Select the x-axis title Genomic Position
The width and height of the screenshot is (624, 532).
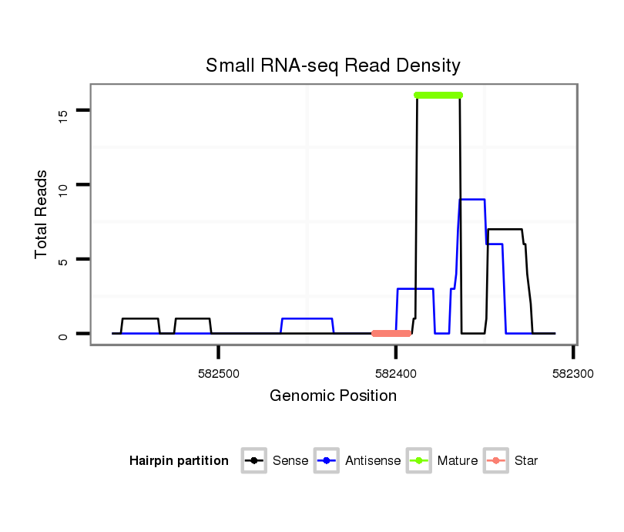coord(333,396)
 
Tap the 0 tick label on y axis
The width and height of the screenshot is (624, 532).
coord(64,335)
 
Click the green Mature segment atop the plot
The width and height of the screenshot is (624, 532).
coord(438,95)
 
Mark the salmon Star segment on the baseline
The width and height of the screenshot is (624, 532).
coord(391,333)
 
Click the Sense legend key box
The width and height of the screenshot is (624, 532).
coord(253,461)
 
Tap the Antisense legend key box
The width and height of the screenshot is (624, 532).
coord(325,461)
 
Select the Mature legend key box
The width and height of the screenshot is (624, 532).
coord(418,461)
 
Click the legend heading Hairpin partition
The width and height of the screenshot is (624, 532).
coord(179,461)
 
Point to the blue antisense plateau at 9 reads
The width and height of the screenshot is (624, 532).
coord(472,199)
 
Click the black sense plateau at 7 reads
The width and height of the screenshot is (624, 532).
coord(505,229)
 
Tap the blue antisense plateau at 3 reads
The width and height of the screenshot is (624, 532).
coord(415,288)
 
